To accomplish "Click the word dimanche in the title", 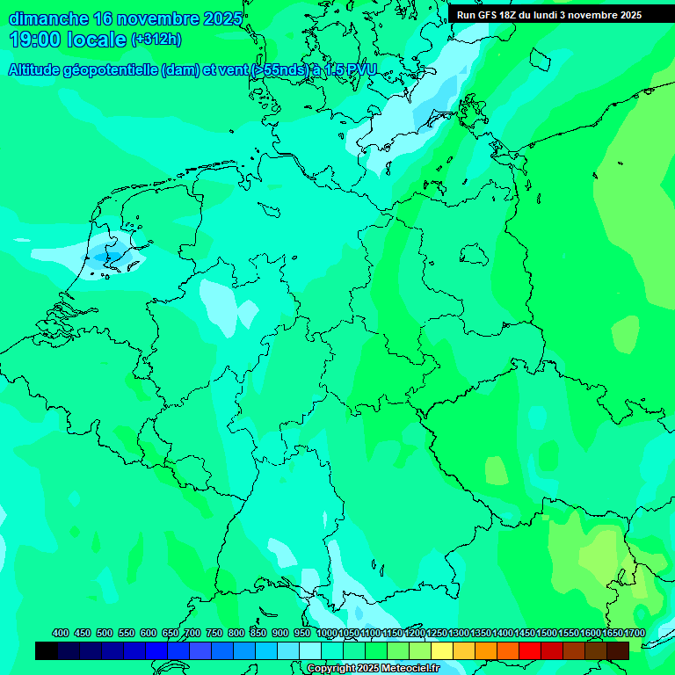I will (x=48, y=19).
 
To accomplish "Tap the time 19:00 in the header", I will (x=34, y=40).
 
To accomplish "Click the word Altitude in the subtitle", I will (x=34, y=70).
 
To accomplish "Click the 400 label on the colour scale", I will (x=61, y=633).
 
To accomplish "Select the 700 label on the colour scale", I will (x=192, y=633).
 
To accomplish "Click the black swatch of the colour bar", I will (x=47, y=650).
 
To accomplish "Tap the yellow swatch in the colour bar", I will (x=442, y=650).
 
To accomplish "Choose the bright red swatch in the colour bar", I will (x=530, y=650).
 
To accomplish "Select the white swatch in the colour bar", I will (x=310, y=650).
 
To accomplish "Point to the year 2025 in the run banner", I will (x=625, y=15).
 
